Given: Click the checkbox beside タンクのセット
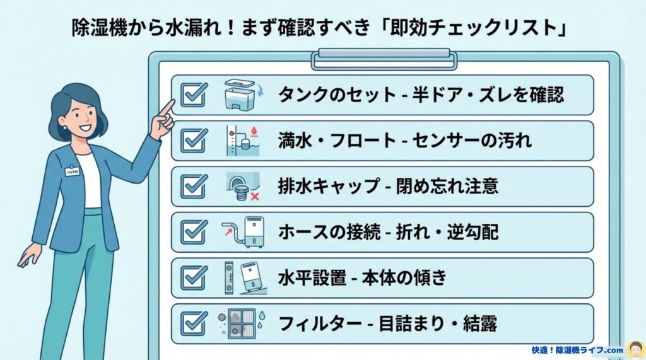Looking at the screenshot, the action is (x=193, y=95).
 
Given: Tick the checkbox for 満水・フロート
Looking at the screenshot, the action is (x=193, y=141).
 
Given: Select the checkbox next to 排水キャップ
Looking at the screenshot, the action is (x=193, y=186).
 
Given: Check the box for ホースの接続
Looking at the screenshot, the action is (x=193, y=232).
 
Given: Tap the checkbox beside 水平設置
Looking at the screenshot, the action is (x=193, y=277).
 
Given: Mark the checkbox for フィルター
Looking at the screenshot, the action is (x=193, y=324).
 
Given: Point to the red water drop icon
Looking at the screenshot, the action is (x=255, y=131).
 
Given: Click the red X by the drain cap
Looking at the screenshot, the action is (x=255, y=197).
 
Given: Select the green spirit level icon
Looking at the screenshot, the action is (x=229, y=277).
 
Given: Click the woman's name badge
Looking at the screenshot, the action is (x=72, y=171).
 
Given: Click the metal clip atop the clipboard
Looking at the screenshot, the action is (x=384, y=58).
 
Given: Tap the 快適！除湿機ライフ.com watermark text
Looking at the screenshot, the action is (x=577, y=350).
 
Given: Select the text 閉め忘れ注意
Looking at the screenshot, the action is (x=447, y=186).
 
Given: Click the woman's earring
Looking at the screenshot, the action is (x=65, y=127).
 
